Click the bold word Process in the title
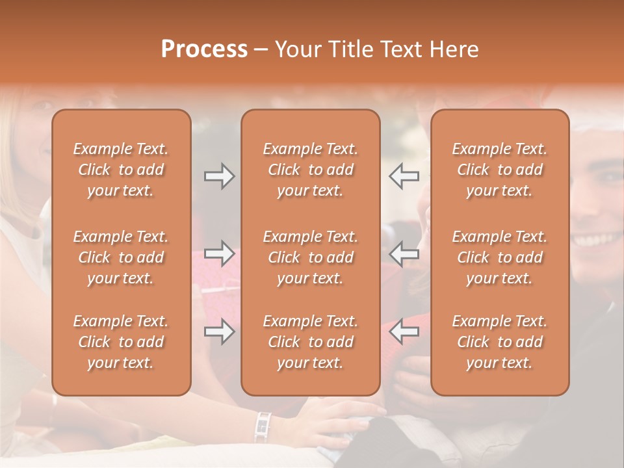(x=204, y=49)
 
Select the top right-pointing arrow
(x=219, y=176)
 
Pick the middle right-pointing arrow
(x=219, y=254)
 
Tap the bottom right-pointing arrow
(x=219, y=332)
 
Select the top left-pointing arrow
(x=404, y=176)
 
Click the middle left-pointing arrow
(x=404, y=254)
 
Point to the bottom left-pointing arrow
(x=404, y=332)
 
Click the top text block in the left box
(x=121, y=170)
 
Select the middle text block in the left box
(x=121, y=257)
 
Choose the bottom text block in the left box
(x=121, y=342)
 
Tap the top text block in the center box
(x=311, y=170)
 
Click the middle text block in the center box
(x=311, y=257)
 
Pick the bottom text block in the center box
(x=311, y=342)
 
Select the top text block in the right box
(x=500, y=170)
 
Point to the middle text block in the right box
(x=500, y=257)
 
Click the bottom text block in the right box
(x=500, y=342)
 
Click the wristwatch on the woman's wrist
(x=263, y=426)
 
